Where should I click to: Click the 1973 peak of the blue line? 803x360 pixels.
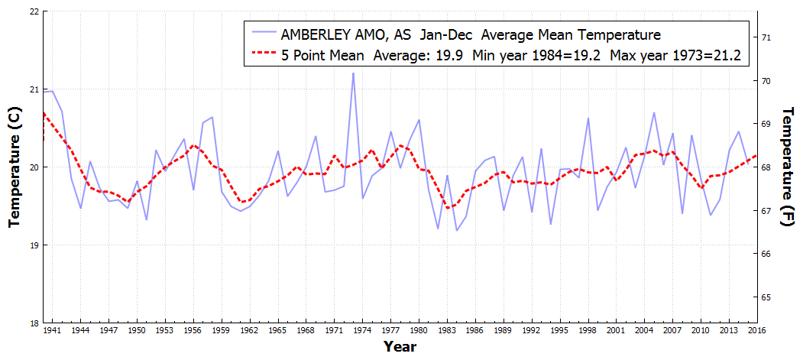(353, 73)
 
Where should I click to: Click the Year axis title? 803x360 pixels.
(400, 348)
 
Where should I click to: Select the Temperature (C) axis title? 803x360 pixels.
(14, 167)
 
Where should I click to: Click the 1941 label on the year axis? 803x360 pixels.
(53, 331)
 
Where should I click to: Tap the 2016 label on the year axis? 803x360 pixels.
(757, 331)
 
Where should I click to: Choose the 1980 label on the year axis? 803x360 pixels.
(419, 331)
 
